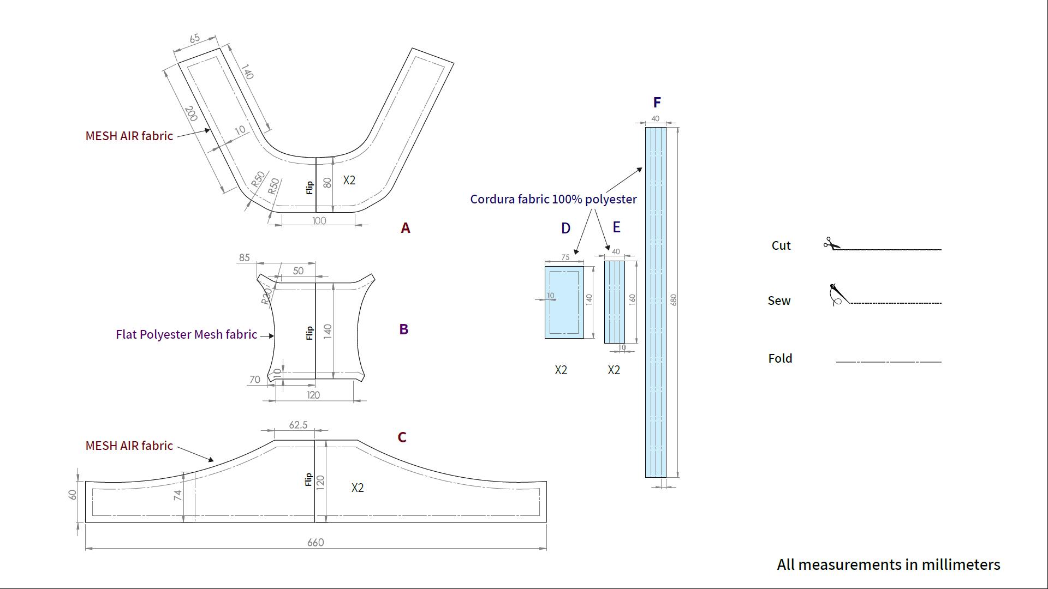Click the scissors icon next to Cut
coord(832,243)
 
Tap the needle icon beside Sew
coord(837,295)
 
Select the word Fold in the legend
coord(780,358)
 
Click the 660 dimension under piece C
coord(315,542)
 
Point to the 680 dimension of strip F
coord(674,300)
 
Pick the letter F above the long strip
coord(657,103)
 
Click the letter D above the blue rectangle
coord(565,229)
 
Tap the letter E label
coord(616,227)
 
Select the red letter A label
coord(405,228)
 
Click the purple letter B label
coord(404,329)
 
